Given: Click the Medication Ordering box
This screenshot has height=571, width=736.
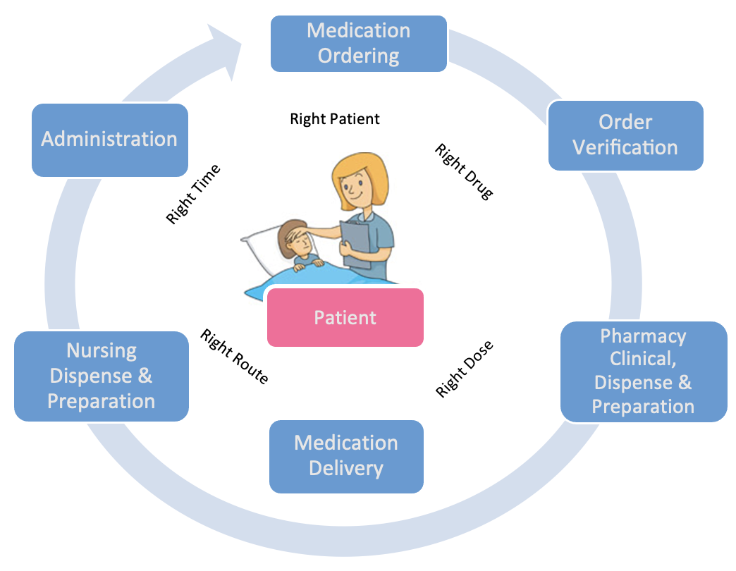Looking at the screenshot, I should pyautogui.click(x=359, y=43).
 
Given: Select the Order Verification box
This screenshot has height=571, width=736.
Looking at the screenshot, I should pyautogui.click(x=625, y=135).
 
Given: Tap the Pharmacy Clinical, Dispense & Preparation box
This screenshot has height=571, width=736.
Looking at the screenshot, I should pyautogui.click(x=643, y=372).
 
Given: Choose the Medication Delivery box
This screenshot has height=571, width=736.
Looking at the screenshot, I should pyautogui.click(x=346, y=456).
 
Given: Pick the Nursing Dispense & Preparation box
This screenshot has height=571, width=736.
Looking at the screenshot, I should pyautogui.click(x=102, y=376).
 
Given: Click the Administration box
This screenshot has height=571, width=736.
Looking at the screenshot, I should pyautogui.click(x=109, y=140).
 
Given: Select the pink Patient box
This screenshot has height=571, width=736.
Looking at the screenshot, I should pyautogui.click(x=345, y=317).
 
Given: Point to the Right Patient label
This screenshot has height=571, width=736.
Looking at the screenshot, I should pyautogui.click(x=335, y=119).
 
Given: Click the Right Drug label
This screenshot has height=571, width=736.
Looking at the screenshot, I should pyautogui.click(x=464, y=171).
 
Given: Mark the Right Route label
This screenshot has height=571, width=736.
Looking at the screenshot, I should pyautogui.click(x=234, y=357).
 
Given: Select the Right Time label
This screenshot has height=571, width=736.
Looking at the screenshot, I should pyautogui.click(x=193, y=195).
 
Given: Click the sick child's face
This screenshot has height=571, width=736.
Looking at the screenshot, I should pyautogui.click(x=297, y=244).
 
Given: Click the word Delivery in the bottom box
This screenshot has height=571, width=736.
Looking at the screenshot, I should pyautogui.click(x=346, y=468).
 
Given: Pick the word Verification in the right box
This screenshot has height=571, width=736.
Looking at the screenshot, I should pyautogui.click(x=625, y=147).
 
